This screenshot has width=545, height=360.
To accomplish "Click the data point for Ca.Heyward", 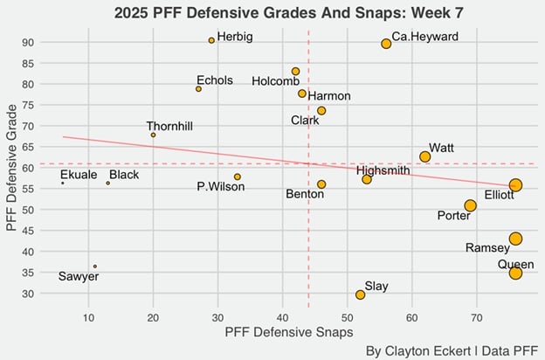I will coord(386,44).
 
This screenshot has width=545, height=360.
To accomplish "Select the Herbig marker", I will coord(211,40).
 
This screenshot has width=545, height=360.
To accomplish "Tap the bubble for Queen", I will coord(515,273).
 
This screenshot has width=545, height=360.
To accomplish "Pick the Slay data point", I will coord(360,294).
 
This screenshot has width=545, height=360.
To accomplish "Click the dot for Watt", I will coord(425,156).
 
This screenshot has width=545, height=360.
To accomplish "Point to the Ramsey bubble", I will coord(515,239).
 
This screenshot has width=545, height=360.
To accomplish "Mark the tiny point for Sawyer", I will coord(94,267).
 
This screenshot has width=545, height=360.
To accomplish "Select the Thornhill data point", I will coord(153,135).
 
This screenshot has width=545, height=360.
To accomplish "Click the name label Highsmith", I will coord(383,170).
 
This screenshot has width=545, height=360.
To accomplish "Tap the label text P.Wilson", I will coord(220,186).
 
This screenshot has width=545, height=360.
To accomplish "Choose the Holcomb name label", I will coord(275,81).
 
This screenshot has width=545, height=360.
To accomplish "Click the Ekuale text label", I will coord(79,176).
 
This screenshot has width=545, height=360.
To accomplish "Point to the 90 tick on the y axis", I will coord(52,42).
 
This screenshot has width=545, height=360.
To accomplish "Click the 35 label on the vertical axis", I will coord(52,273).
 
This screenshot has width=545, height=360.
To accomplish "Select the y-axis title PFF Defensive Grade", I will coord(11,169).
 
